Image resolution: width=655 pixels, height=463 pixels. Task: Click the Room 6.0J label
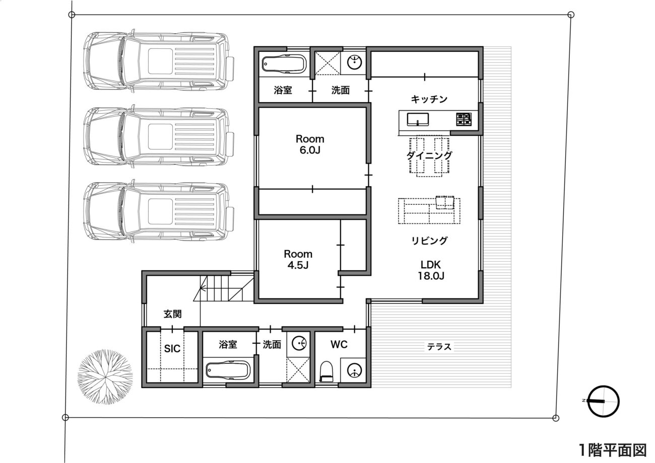click(310, 144)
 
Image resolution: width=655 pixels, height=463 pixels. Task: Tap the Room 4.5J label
click(298, 259)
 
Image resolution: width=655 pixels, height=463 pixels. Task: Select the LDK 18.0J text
click(431, 270)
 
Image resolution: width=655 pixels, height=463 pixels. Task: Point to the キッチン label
click(429, 99)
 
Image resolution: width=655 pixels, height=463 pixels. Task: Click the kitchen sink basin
click(418, 119)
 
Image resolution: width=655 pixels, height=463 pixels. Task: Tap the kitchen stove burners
click(464, 119)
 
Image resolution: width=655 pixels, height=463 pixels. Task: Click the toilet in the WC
click(326, 371)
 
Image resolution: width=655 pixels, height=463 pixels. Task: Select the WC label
click(339, 344)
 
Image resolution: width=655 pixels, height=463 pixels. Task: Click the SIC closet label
click(172, 348)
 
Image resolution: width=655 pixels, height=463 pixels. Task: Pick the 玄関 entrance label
click(172, 314)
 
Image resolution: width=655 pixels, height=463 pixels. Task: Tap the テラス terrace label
click(439, 347)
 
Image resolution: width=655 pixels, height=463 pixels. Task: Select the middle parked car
click(159, 137)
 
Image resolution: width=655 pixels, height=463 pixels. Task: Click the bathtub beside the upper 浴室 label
click(284, 64)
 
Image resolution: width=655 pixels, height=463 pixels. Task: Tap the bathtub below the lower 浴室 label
click(228, 371)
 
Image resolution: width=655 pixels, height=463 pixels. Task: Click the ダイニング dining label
click(429, 156)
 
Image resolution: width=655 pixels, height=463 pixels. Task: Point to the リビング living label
click(429, 241)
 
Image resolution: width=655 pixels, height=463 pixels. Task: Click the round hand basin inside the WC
click(354, 370)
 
